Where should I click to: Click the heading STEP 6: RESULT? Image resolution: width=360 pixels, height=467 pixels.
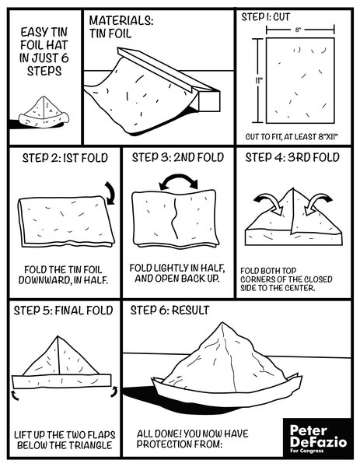click(170, 311)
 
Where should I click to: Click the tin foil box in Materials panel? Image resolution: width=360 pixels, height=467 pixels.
click(180, 82)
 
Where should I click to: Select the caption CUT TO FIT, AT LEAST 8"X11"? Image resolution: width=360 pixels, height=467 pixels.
click(292, 135)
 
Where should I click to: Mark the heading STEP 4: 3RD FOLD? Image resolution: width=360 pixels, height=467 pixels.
click(292, 158)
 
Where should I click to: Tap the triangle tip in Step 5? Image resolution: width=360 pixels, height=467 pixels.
click(61, 335)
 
